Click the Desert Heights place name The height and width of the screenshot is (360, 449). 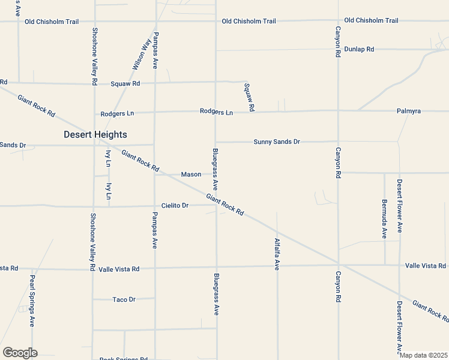click(95, 135)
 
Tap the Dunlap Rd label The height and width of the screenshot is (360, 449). click(362, 49)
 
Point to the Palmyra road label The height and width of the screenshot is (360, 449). click(409, 111)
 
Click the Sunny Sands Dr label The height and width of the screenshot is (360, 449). click(276, 142)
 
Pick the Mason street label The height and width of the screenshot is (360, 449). click(191, 175)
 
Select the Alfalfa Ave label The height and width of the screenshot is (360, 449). click(277, 254)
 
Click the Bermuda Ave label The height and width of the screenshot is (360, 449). click(384, 218)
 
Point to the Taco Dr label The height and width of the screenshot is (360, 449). click(124, 299)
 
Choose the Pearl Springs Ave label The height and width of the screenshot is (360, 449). click(32, 301)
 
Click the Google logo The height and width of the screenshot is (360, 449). click(20, 353)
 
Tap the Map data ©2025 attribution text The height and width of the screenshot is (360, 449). click(423, 355)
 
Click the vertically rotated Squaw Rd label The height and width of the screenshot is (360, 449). click(249, 96)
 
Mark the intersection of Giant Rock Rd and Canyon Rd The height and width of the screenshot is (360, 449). click(338, 263)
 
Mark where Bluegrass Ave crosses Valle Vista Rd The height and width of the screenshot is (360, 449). click(216, 267)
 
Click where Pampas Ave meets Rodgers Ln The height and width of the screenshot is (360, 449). click(155, 112)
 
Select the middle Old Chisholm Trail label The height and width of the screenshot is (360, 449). click(249, 21)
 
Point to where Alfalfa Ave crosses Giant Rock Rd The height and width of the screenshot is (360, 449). click(277, 230)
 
